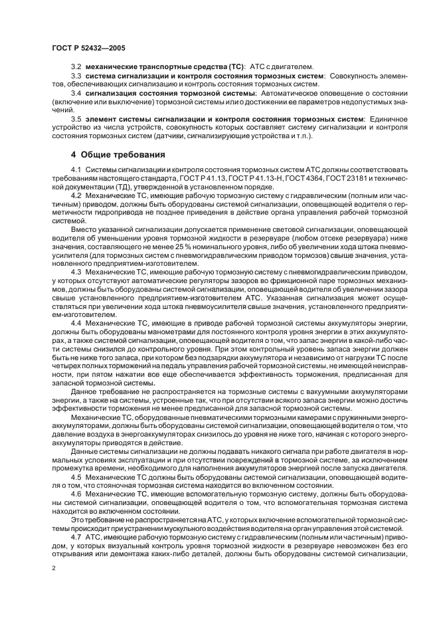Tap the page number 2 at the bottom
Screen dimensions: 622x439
(53, 569)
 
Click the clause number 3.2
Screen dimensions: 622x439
(76, 66)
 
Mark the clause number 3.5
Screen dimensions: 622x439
(76, 119)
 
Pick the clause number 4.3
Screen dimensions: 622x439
(76, 271)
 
